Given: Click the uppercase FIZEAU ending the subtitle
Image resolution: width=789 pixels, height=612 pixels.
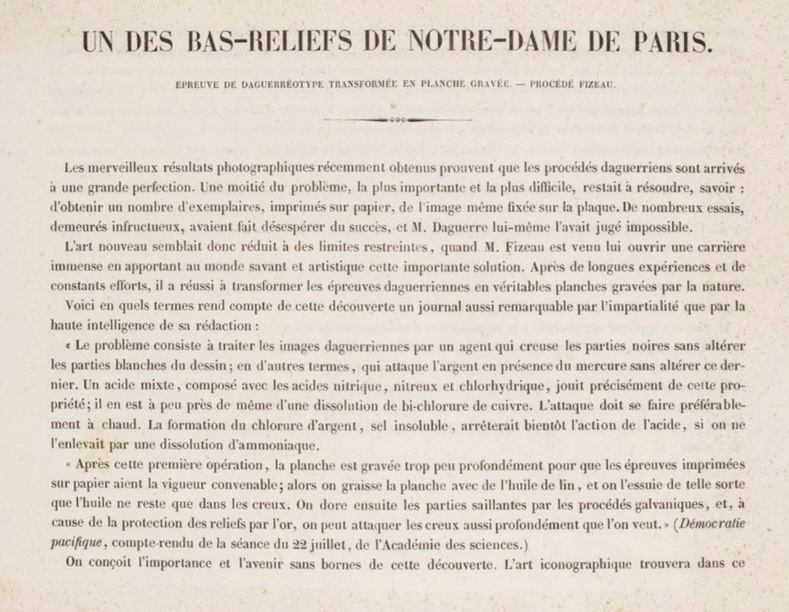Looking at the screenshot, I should [x=593, y=85].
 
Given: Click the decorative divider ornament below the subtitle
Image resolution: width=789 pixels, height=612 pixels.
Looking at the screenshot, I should [x=398, y=119].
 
